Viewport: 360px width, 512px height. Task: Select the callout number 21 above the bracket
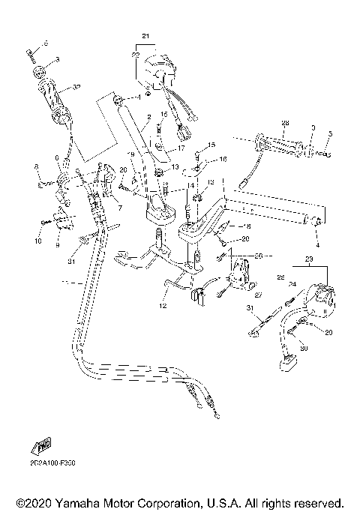pyautogui.click(x=145, y=36)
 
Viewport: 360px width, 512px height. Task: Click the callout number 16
pyautogui.click(x=223, y=159)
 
